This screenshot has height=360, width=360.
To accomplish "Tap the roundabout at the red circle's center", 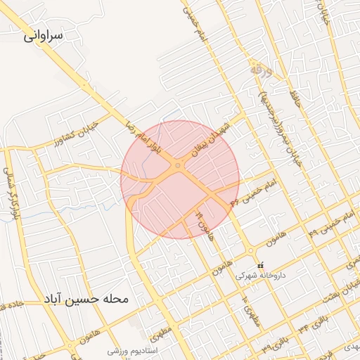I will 179,166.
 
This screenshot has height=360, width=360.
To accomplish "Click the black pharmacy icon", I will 262,265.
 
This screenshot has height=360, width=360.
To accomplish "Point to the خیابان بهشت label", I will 345,288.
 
